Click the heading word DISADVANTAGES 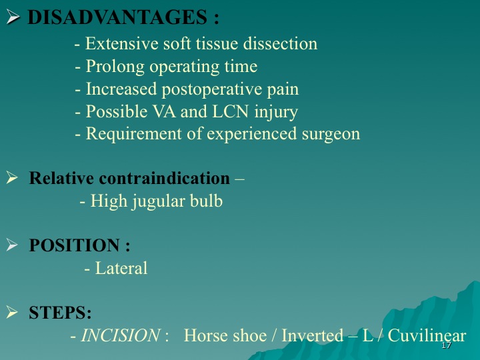(x=117, y=17)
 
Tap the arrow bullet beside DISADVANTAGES (x=13, y=17)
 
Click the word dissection (x=280, y=43)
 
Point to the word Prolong (x=115, y=67)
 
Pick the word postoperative (x=211, y=89)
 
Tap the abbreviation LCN (x=230, y=111)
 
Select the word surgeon (x=331, y=134)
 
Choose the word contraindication (x=165, y=178)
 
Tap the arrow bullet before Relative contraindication (x=12, y=177)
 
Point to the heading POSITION (x=75, y=245)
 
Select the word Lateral (x=121, y=268)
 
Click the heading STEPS (x=60, y=313)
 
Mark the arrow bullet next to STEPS (x=12, y=312)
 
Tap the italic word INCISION (x=120, y=335)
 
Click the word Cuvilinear (x=427, y=335)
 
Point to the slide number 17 (x=446, y=345)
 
